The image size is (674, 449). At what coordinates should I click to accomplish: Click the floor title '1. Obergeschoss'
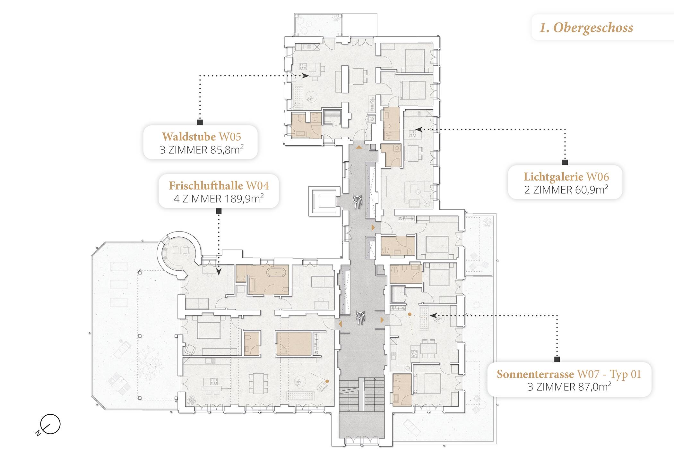coord(586,28)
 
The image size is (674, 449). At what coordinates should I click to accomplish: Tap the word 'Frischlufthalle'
coord(206,186)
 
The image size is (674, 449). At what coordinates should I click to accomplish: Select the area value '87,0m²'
coord(594,387)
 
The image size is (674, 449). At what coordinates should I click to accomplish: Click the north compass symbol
coord(49,425)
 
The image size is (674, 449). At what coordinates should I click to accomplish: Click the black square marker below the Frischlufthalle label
coord(219,211)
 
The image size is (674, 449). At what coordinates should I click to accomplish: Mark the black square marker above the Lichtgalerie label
coord(565,162)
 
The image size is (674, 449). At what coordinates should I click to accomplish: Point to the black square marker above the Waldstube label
coord(200,122)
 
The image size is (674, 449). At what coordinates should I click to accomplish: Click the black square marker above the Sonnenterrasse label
coord(557,360)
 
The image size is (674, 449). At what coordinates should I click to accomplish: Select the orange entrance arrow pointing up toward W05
coord(359,147)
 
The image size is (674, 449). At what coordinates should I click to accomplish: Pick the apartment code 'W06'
coord(598,177)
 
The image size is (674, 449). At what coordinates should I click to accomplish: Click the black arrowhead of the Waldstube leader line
coord(305,76)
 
